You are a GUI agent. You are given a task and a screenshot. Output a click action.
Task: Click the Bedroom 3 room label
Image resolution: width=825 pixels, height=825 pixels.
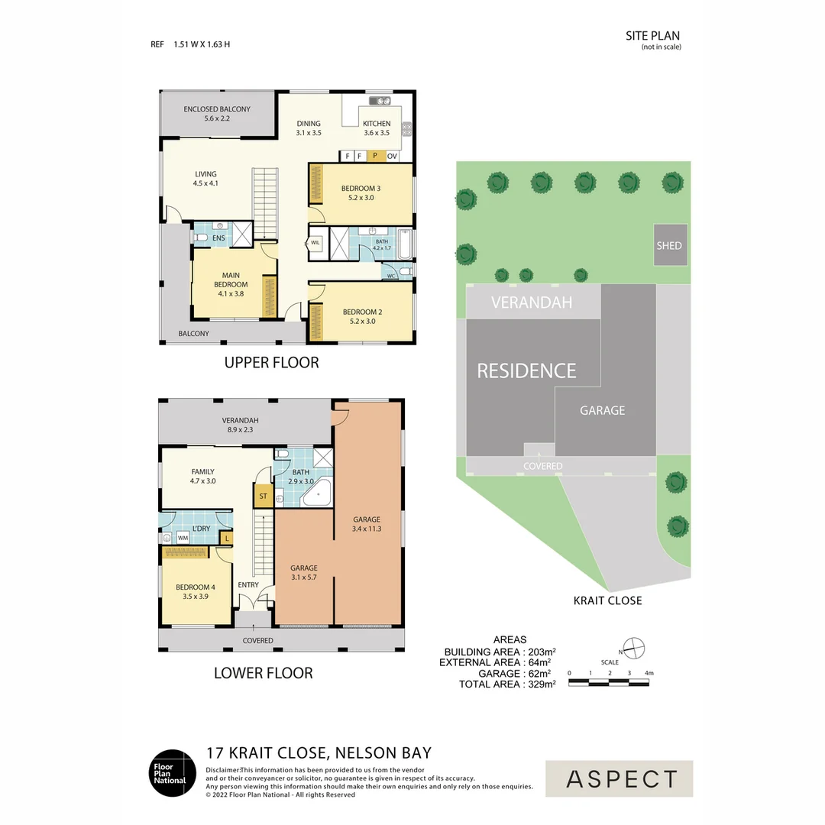[361, 192]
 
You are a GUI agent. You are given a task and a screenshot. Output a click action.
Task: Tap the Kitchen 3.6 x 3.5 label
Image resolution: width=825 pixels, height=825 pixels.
[376, 128]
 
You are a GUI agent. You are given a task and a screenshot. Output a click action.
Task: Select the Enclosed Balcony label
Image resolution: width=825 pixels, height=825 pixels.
[217, 114]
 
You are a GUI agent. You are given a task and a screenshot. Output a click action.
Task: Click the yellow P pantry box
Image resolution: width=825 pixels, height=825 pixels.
[375, 157]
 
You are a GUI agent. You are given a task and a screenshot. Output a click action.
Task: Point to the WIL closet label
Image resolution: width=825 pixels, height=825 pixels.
[315, 243]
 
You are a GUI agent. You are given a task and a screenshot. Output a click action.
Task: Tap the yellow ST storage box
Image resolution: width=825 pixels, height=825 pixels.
[263, 495]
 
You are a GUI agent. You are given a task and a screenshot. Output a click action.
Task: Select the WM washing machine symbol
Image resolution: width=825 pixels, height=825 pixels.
[183, 538]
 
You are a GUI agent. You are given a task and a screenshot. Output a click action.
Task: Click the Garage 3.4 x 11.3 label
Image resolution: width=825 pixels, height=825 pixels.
[366, 523]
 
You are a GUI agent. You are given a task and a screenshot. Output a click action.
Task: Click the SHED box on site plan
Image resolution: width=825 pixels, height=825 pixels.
[669, 245]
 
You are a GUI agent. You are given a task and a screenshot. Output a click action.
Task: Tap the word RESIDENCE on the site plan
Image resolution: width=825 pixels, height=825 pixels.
[526, 371]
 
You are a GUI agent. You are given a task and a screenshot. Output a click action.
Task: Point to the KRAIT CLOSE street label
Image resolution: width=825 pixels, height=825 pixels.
[607, 600]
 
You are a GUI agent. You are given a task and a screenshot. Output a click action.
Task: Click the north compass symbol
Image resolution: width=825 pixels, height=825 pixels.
[635, 649]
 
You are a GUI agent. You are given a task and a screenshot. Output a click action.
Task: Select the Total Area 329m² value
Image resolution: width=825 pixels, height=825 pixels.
[539, 684]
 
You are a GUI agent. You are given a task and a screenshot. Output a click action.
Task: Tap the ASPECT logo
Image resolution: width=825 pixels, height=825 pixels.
[620, 779]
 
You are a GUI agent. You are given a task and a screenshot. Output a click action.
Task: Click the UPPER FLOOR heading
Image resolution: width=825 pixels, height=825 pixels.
[271, 362]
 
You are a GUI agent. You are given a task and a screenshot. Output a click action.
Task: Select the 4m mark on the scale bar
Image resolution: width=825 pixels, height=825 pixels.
[649, 673]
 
